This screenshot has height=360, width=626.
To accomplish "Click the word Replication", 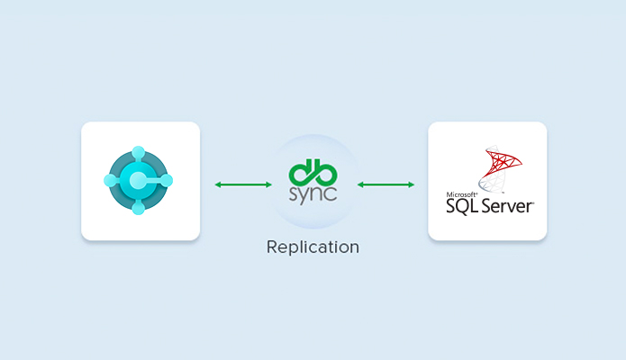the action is (313, 247).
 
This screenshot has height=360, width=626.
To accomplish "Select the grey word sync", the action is (313, 194).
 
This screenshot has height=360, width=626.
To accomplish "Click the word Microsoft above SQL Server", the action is (461, 194).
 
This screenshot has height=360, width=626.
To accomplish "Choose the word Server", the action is (507, 206).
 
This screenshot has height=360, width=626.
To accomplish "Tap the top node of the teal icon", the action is (138, 152).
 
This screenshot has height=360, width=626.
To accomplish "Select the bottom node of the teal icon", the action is (138, 208).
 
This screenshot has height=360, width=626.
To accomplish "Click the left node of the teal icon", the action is (110, 180).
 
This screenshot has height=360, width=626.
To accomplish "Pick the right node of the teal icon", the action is (166, 180).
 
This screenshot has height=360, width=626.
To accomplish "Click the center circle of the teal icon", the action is (138, 180).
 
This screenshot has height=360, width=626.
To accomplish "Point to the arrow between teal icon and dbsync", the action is (243, 184).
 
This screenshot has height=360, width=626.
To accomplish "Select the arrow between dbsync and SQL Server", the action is (386, 184).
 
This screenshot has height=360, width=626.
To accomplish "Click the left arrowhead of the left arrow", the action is (218, 184).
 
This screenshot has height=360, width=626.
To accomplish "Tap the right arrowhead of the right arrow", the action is (411, 184).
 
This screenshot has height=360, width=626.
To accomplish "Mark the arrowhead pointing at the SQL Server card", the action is (411, 184).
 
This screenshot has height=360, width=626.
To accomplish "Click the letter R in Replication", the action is (272, 247).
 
